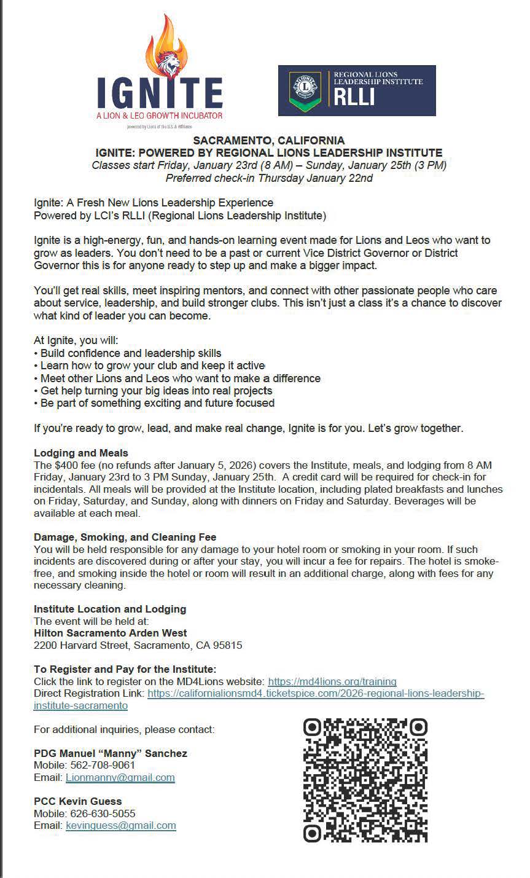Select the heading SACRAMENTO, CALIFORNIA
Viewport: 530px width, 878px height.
(268, 141)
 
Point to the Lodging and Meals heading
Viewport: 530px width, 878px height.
(81, 453)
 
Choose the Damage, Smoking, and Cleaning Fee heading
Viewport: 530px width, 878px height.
(125, 537)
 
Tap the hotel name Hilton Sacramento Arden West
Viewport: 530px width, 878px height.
(111, 633)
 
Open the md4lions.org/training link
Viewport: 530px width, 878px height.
(332, 681)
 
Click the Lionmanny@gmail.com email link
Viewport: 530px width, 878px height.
(120, 777)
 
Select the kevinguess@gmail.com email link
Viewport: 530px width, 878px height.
(121, 825)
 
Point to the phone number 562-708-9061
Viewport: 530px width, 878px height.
(101, 765)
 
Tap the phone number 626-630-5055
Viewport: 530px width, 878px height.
(101, 813)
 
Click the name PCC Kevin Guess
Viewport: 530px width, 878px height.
(78, 801)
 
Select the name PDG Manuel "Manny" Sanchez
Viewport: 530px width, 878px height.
(111, 753)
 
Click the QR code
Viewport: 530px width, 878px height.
(365, 780)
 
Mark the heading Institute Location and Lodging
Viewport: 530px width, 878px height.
(110, 609)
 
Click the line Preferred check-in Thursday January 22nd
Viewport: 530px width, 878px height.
(269, 178)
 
